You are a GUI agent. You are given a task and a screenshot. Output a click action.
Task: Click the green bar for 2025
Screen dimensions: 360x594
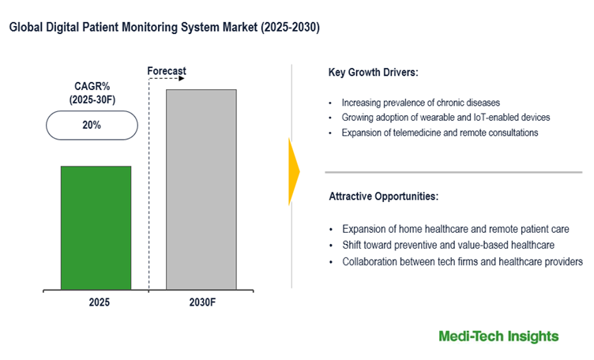point(96,227)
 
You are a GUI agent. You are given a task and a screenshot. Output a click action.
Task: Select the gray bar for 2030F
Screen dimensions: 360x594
point(201,189)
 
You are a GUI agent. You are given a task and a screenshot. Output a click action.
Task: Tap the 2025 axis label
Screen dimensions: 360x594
point(96,302)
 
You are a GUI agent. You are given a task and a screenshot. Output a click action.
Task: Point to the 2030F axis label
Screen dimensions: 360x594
point(201,302)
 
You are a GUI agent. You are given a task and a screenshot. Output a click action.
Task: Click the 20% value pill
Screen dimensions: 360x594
point(92,126)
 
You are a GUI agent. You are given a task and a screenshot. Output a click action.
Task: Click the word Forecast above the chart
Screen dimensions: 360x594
point(167,71)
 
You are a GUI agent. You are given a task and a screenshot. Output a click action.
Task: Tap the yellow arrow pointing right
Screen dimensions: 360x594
point(294,171)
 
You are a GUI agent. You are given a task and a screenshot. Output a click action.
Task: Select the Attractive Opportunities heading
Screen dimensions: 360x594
point(383,195)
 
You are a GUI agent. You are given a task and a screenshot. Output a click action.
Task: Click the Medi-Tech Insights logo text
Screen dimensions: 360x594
point(498,336)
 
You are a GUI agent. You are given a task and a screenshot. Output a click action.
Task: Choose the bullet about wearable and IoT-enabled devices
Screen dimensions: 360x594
point(445,118)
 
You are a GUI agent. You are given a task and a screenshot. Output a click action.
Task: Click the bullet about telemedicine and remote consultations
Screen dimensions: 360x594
point(440,133)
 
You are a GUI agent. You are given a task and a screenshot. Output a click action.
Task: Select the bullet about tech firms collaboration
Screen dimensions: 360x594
point(462,261)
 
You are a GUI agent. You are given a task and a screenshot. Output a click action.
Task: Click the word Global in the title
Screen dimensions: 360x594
point(26,27)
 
